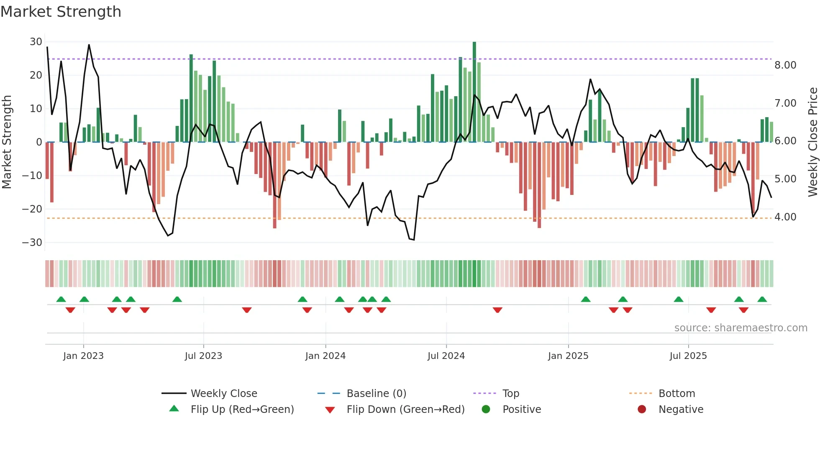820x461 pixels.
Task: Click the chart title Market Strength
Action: [x=61, y=12]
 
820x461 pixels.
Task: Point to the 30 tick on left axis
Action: [x=36, y=42]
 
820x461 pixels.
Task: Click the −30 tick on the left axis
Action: [x=33, y=243]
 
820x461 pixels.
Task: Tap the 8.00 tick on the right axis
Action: [x=785, y=65]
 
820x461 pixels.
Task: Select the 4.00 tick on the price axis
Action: [x=785, y=217]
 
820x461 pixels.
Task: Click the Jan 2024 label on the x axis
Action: [x=325, y=356]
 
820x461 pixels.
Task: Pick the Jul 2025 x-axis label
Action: [x=688, y=356]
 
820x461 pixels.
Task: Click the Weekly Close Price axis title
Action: [x=812, y=142]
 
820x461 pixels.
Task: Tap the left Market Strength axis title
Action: [x=7, y=142]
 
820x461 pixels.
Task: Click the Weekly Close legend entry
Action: [x=223, y=394]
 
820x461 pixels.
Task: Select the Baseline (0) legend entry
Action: [x=376, y=394]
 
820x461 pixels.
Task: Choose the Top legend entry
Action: [x=510, y=394]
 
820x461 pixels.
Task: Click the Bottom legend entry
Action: [x=676, y=394]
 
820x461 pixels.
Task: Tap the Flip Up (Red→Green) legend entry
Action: [x=242, y=410]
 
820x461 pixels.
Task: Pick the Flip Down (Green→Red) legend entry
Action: [x=405, y=410]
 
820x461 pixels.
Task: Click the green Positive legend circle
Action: [x=486, y=409]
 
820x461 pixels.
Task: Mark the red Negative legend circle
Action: [x=641, y=409]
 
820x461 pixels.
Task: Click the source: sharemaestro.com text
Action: [x=741, y=328]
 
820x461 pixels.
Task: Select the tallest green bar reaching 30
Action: [x=474, y=92]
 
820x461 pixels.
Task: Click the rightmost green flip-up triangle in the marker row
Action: [x=762, y=300]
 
